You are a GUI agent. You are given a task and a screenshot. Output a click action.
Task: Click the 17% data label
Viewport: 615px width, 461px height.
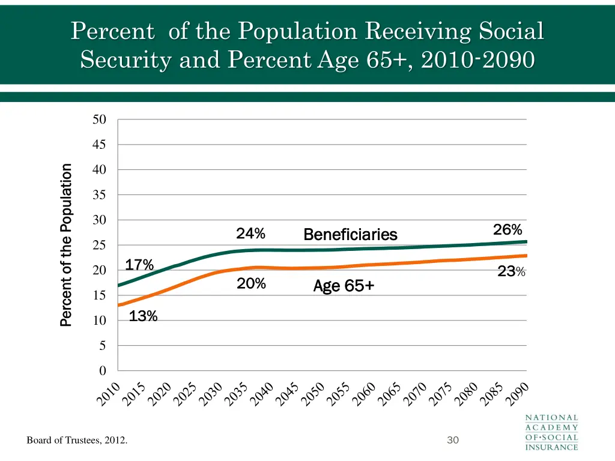click(139, 265)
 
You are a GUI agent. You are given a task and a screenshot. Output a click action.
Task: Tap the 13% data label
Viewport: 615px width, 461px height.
click(143, 316)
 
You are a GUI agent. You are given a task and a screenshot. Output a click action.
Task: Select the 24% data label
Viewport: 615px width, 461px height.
click(250, 233)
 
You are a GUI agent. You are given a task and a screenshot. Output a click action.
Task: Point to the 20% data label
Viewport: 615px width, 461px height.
click(251, 284)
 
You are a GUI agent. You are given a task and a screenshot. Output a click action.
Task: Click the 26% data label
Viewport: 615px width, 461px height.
click(507, 230)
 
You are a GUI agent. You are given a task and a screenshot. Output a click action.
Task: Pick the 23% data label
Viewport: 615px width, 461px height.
click(511, 272)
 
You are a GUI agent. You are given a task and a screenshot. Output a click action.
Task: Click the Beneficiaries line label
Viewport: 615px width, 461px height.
click(350, 234)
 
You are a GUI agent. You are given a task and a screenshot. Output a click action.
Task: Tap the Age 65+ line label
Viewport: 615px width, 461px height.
click(344, 287)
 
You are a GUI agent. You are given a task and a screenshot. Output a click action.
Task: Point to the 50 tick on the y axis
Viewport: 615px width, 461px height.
click(99, 119)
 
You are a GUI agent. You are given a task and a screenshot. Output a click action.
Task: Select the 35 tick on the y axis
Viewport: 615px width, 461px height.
click(99, 195)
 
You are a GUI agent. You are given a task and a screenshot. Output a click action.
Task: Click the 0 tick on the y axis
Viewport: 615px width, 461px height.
click(103, 371)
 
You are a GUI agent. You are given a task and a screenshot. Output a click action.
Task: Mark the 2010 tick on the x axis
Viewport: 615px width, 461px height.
click(110, 393)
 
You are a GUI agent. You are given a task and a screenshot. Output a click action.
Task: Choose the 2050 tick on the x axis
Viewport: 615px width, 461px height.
click(314, 393)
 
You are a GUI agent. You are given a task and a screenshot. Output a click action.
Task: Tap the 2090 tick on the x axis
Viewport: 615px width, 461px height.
click(517, 393)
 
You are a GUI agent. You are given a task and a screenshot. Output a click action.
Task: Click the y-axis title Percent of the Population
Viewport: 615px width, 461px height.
click(66, 245)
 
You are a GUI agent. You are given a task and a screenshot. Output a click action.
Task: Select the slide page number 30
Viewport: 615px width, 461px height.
click(453, 441)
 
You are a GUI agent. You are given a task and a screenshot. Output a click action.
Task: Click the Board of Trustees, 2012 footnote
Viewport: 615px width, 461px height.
click(77, 441)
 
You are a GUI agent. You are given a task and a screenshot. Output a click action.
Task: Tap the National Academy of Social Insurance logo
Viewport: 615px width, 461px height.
click(552, 432)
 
